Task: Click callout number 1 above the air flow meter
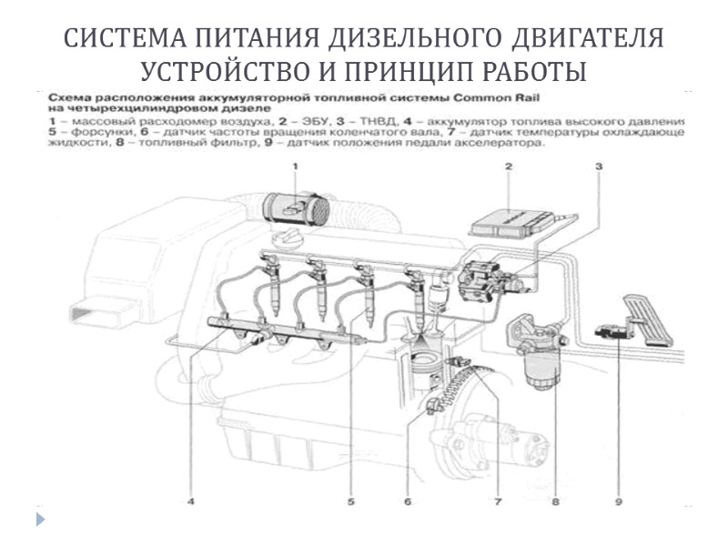click(x=295, y=167)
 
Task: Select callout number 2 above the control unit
click(x=509, y=167)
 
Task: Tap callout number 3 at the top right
click(x=599, y=167)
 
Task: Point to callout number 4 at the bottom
click(x=191, y=500)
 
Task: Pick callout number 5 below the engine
click(x=350, y=500)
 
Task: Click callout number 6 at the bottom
click(x=408, y=500)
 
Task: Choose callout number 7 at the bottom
click(x=497, y=500)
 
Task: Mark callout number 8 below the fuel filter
click(x=554, y=500)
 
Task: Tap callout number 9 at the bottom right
click(x=618, y=500)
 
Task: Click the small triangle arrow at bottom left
click(x=40, y=520)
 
